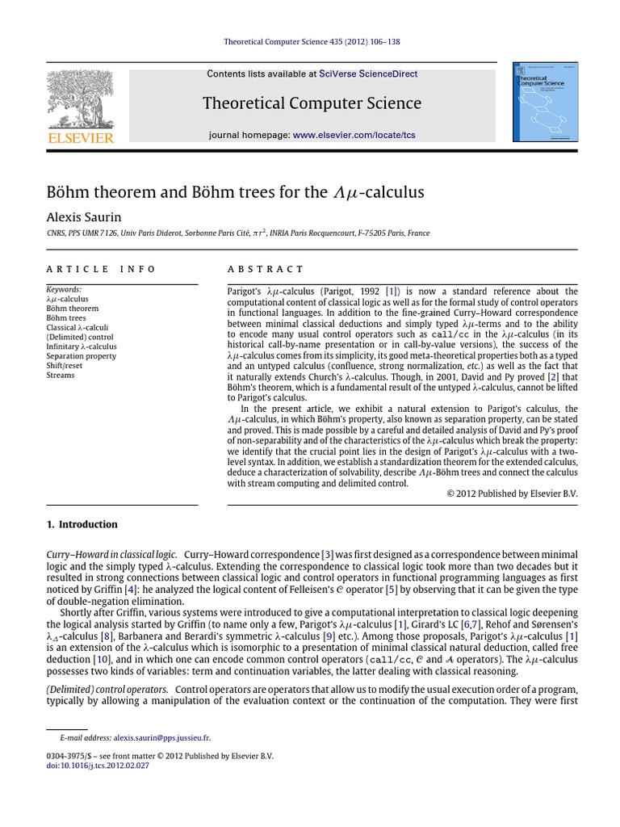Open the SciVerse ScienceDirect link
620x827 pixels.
[368, 73]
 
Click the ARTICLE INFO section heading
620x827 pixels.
[101, 269]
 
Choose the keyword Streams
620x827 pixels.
[61, 375]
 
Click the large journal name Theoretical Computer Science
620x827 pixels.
[312, 103]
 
